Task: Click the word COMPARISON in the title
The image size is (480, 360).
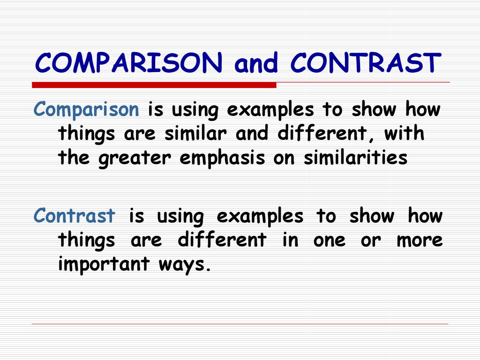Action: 128,63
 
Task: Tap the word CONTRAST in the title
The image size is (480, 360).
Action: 366,63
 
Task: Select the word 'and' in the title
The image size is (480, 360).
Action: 256,63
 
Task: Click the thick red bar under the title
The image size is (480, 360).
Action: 154,85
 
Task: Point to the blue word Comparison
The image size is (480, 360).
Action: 86,110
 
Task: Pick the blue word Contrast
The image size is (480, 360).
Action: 75,216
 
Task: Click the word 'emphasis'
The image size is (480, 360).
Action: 222,158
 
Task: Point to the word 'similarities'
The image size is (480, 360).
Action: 355,157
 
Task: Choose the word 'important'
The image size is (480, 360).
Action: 104,264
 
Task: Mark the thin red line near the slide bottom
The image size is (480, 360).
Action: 240,324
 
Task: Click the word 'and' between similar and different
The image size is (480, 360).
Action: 252,134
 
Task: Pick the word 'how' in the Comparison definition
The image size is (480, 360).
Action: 423,109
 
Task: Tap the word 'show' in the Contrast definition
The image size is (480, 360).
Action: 372,216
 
